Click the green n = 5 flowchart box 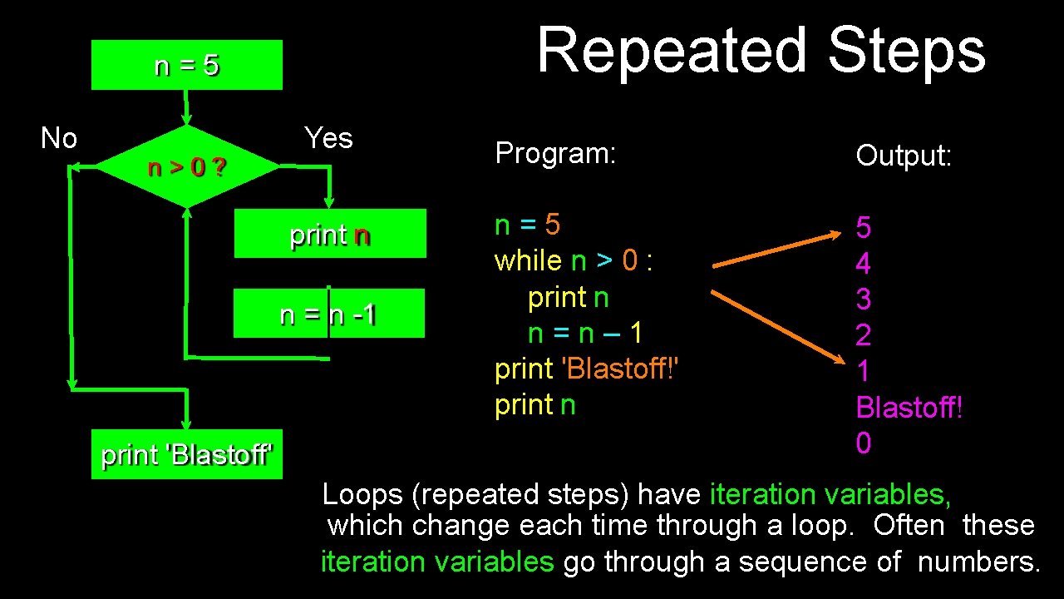[187, 65]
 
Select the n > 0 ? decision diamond [187, 167]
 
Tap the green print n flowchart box [330, 234]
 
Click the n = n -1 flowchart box [329, 314]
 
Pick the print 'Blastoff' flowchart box [187, 454]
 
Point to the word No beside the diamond [59, 138]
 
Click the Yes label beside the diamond [328, 138]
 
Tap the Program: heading [554, 153]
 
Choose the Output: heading [904, 156]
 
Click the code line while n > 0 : [574, 261]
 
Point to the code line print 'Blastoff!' [587, 369]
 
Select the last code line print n [534, 405]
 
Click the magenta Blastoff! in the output [909, 408]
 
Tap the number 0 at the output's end [864, 443]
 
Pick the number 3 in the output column [864, 299]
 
